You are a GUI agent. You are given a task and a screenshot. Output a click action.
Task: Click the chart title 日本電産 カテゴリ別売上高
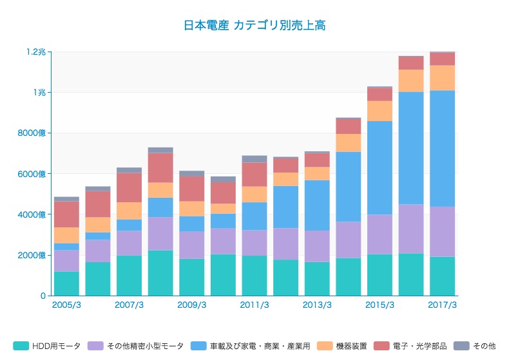[254, 26]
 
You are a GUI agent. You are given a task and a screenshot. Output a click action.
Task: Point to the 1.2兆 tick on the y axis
[36, 52]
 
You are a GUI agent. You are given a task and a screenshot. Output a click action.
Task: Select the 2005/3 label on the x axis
[66, 305]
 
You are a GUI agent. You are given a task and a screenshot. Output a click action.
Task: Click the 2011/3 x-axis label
[254, 305]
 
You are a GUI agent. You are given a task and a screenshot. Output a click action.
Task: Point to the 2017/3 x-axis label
[443, 305]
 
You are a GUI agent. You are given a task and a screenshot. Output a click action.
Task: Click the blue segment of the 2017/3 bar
[443, 148]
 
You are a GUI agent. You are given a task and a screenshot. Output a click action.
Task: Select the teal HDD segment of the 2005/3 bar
[66, 283]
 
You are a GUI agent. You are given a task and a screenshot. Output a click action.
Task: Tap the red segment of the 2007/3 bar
[129, 187]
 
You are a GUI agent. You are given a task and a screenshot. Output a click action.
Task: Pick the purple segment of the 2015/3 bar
[380, 234]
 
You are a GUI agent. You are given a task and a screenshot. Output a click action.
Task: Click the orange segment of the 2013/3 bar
[317, 173]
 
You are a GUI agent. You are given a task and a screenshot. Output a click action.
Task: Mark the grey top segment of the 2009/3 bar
[192, 174]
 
